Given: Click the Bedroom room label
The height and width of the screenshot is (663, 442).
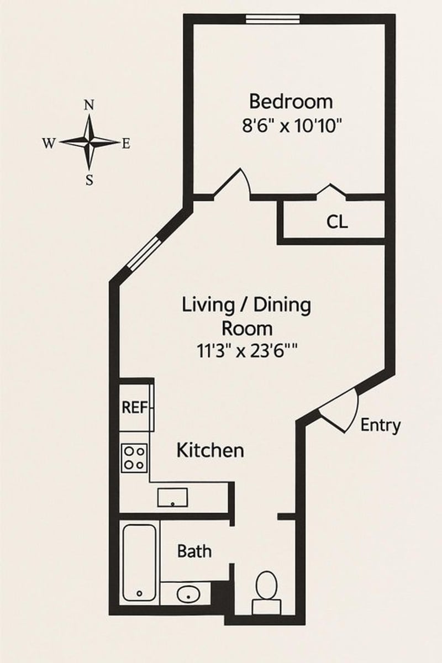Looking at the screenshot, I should point(291,102).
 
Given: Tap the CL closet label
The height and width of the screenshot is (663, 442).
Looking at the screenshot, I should point(337,222).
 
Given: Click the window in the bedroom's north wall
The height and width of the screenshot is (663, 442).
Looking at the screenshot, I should point(273,19).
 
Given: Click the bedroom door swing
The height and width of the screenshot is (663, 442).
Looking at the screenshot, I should point(234,183).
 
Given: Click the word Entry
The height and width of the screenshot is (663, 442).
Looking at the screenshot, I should point(380,425).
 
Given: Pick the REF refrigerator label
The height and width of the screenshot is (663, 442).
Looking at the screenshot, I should point(134,408).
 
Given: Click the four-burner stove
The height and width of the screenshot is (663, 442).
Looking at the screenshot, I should point(135,458).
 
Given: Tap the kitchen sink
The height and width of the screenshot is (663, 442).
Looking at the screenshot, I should point(173,497).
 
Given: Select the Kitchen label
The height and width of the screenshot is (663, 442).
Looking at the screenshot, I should point(210,450).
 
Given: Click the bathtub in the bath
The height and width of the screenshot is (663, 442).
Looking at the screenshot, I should point(139,562).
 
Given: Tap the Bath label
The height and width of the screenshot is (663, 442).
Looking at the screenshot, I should point(194,551).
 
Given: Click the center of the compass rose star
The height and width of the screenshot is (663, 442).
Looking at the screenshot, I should point(89,143).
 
